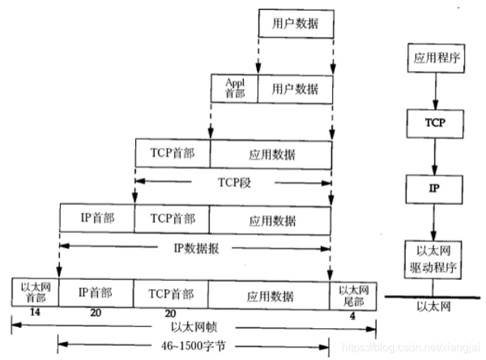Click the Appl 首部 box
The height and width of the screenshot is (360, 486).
pyautogui.click(x=235, y=88)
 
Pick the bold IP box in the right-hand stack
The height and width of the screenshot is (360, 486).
pyautogui.click(x=434, y=188)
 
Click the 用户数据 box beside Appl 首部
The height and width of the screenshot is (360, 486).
pyautogui.click(x=295, y=88)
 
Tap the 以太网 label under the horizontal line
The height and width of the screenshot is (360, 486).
pyautogui.click(x=435, y=306)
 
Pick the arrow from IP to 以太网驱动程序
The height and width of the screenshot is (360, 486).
pyautogui.click(x=434, y=221)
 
